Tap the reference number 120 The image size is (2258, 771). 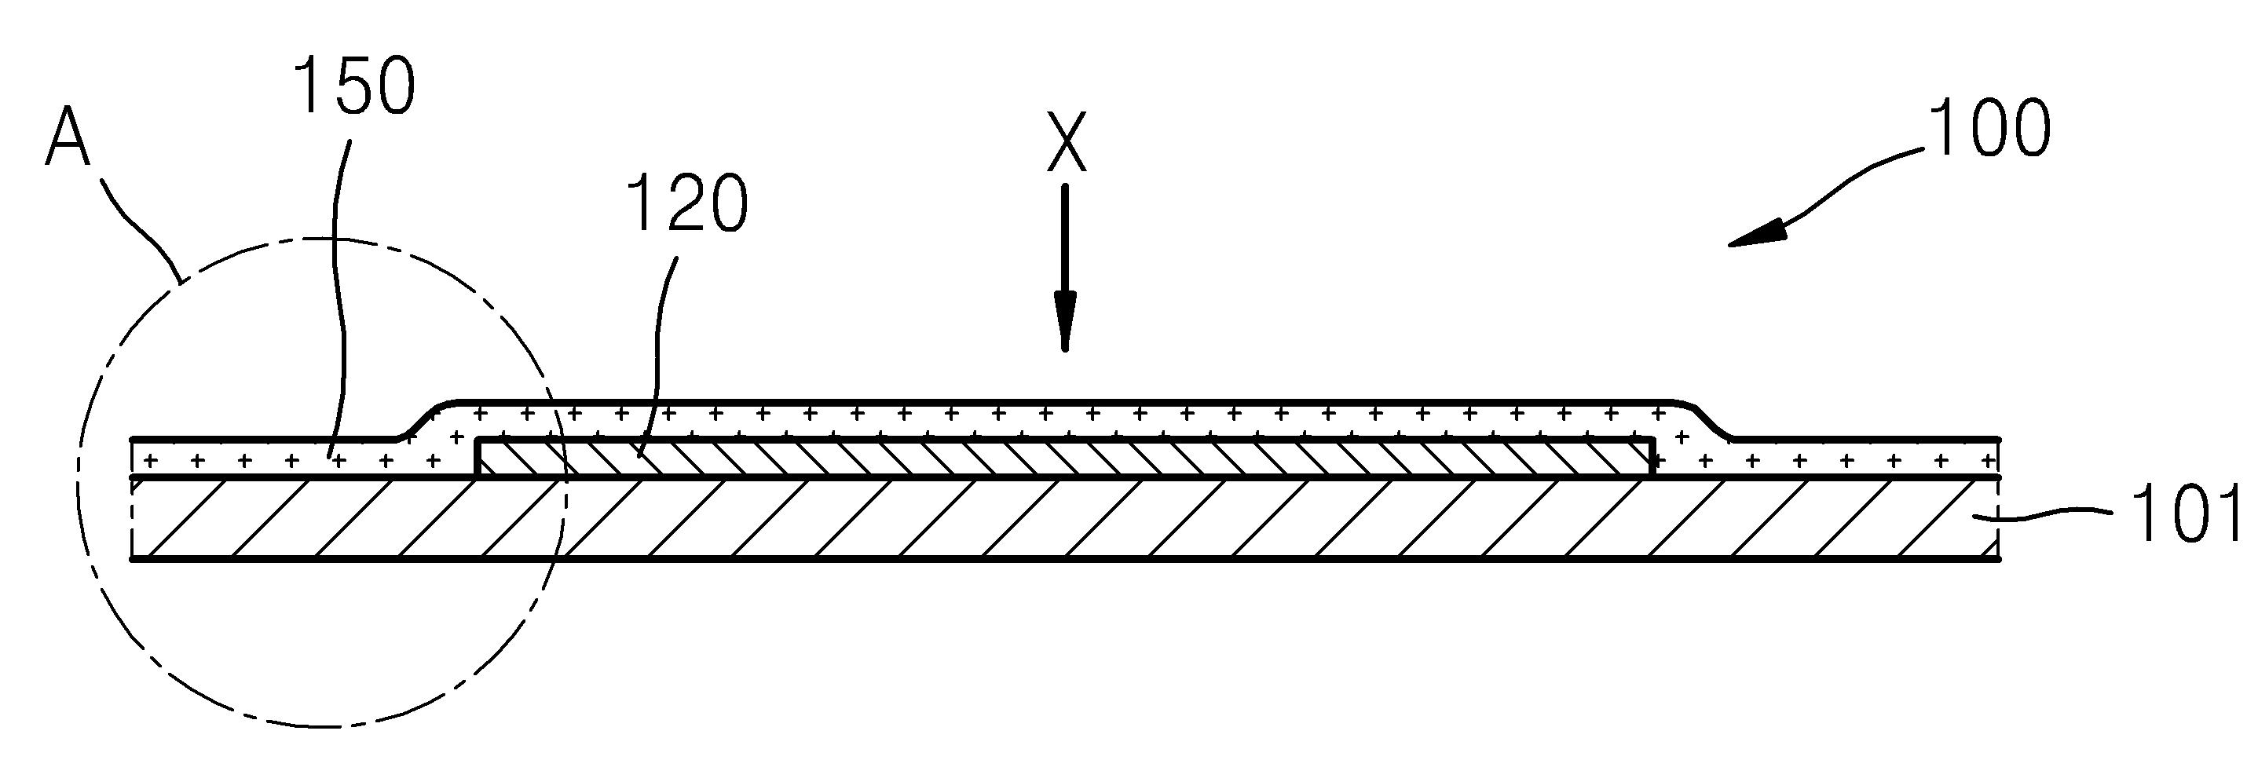(x=689, y=203)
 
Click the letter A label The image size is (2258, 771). (x=68, y=137)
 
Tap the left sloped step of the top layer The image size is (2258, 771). (x=423, y=418)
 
